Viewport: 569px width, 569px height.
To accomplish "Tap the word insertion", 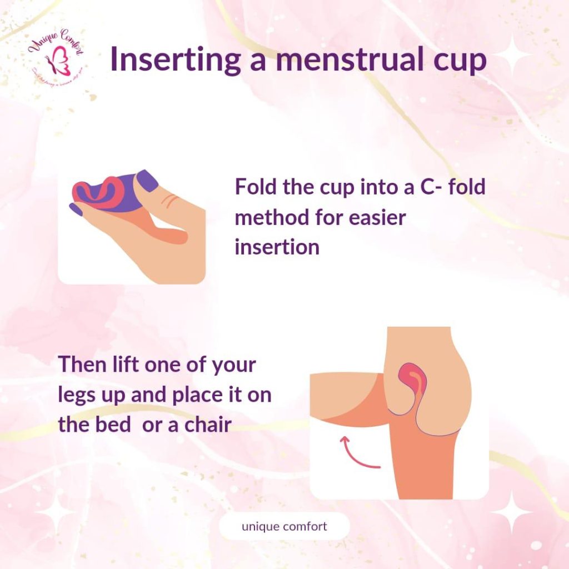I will pos(277,247).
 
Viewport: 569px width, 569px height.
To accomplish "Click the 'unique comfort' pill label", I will pos(284,526).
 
